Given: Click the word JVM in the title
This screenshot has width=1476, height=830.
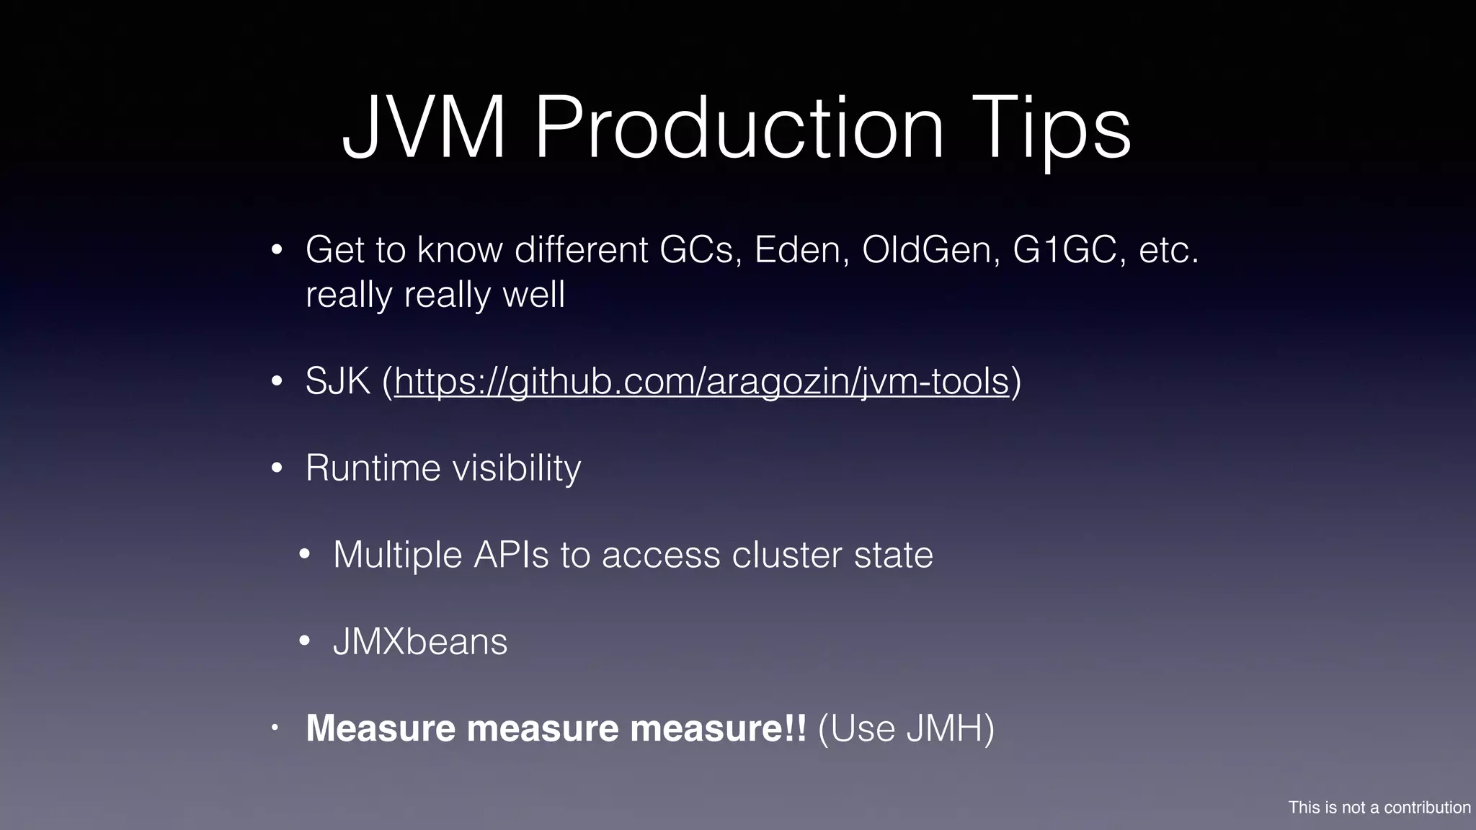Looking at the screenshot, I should [424, 129].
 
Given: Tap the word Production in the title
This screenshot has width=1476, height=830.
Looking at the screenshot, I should [739, 129].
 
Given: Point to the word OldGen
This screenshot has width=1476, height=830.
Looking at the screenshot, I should [930, 250].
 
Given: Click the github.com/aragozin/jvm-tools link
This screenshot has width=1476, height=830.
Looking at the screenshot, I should [701, 381].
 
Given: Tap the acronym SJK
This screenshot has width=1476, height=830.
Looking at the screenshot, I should [337, 381].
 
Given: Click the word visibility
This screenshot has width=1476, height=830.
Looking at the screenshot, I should [516, 468].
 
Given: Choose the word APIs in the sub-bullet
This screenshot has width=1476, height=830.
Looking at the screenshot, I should [511, 555].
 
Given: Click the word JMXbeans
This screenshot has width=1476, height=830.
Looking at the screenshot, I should [420, 642].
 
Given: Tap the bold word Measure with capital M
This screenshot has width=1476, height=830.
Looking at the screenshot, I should [380, 728].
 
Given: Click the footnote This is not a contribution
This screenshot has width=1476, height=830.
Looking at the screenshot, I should [1379, 808].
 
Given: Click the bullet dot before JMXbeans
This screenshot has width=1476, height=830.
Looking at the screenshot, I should [305, 642].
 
